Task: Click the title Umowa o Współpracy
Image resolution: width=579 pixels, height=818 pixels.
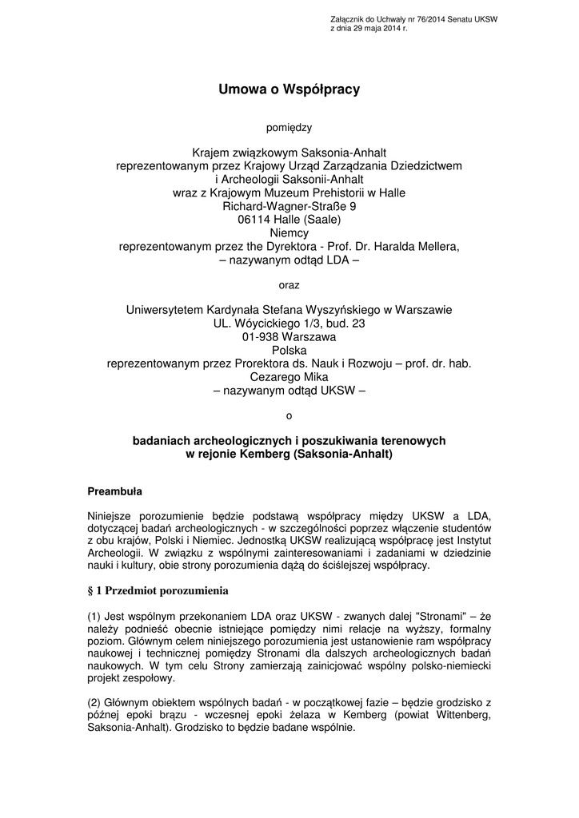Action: point(289,90)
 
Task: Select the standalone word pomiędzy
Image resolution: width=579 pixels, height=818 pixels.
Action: point(289,126)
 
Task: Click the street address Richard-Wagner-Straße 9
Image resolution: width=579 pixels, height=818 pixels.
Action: point(289,206)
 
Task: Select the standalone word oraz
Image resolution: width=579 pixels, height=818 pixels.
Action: point(289,284)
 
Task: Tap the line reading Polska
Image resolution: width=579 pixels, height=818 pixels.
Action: point(289,350)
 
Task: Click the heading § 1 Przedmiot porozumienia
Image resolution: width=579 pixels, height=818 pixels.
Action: point(158,591)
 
